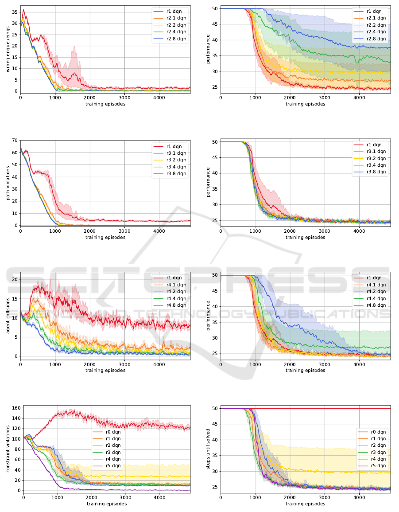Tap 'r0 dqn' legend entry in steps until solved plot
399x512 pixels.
tap(376, 431)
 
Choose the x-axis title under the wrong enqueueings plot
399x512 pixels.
tap(105, 104)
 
